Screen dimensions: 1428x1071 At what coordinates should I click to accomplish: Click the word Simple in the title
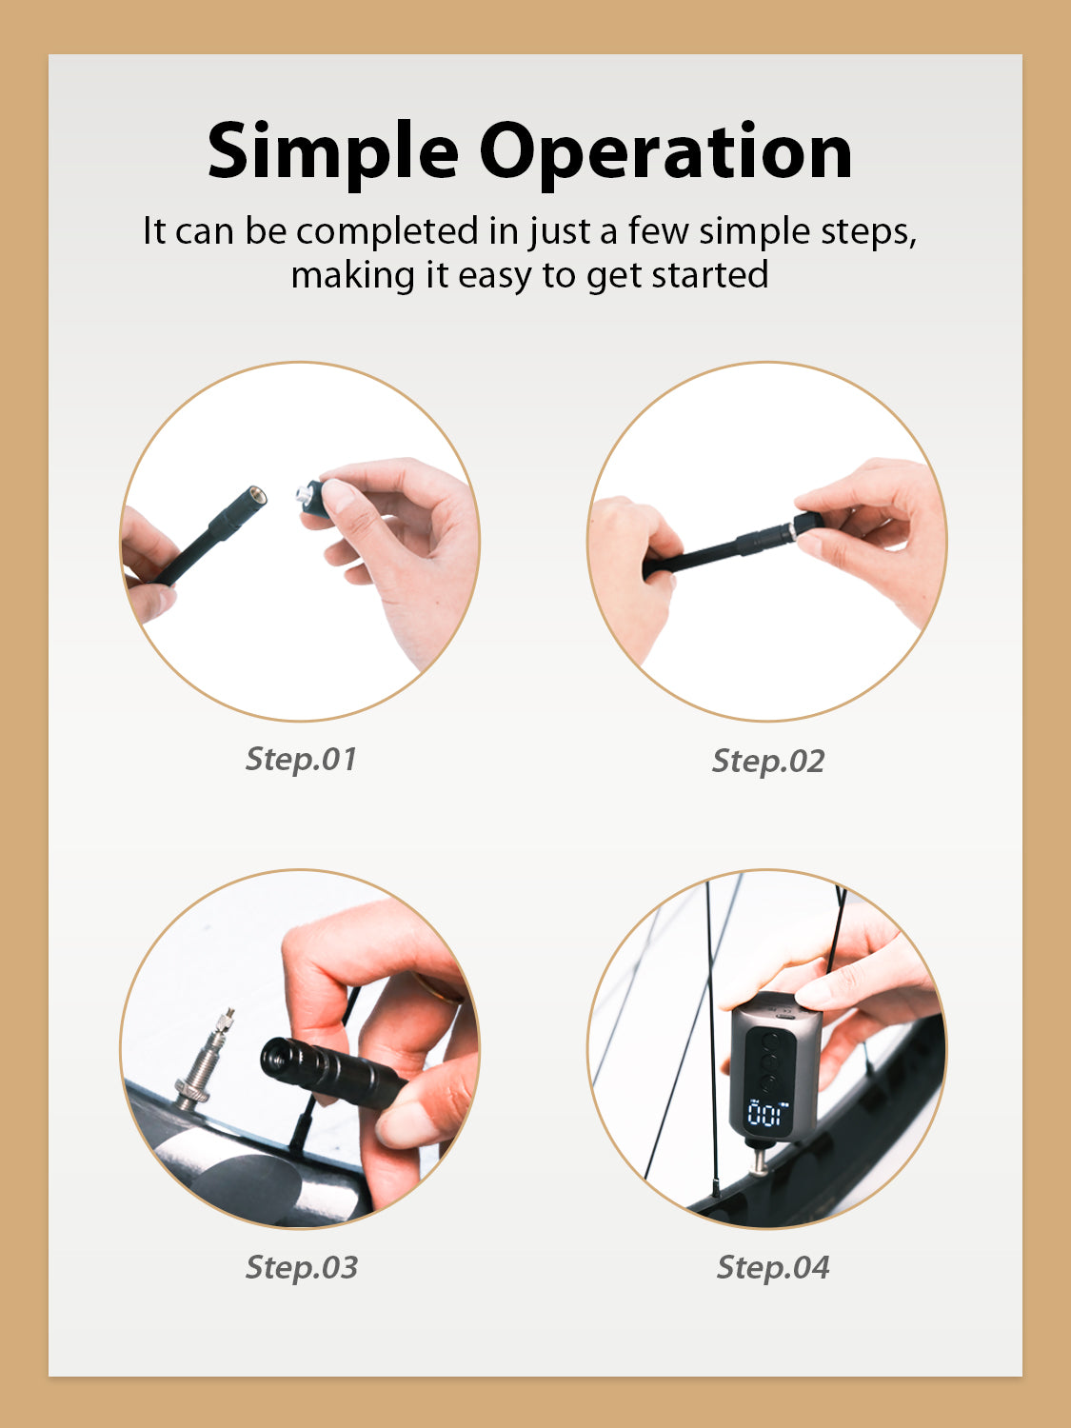pos(332,152)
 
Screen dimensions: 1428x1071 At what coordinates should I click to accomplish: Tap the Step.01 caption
pos(301,759)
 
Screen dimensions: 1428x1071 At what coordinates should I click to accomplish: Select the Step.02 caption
pos(768,761)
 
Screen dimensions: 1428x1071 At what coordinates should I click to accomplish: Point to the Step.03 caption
pos(302,1267)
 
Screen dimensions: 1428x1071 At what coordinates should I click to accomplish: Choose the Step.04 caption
pos(773,1267)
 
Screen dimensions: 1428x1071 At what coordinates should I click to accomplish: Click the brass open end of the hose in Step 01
pos(255,496)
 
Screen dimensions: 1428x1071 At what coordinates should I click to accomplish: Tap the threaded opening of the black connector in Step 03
pos(276,1058)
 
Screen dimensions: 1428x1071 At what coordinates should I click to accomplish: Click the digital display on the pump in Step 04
pos(767,1114)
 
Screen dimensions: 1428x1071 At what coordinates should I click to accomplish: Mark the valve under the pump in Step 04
pos(758,1160)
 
